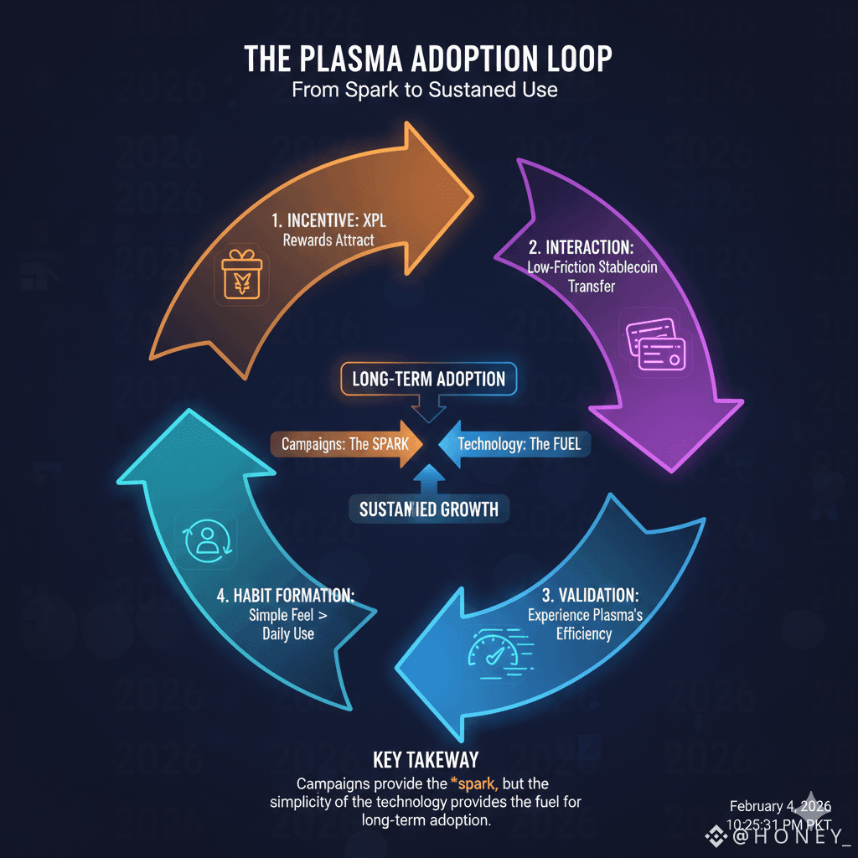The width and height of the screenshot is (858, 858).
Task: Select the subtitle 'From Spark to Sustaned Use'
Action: click(425, 90)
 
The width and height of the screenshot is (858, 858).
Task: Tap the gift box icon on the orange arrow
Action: click(237, 277)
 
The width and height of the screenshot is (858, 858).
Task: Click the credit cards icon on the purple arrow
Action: click(656, 344)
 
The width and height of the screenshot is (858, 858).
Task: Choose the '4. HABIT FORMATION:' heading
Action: click(286, 596)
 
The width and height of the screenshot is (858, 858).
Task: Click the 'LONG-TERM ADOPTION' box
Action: click(428, 379)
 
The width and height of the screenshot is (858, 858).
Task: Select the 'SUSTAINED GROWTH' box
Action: click(428, 509)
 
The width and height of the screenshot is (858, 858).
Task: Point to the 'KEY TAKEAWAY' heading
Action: click(426, 759)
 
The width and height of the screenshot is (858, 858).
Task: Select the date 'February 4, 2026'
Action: click(780, 806)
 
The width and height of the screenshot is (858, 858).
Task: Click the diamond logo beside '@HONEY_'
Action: click(715, 835)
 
